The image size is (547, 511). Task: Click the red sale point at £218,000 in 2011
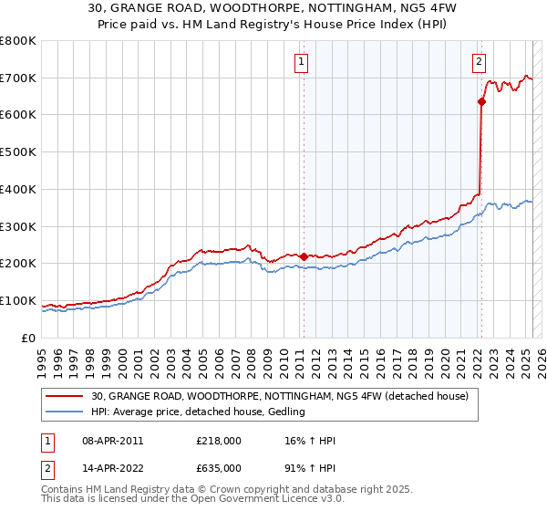304,256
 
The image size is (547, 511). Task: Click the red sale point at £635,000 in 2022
481,101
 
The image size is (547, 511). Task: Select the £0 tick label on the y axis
29,338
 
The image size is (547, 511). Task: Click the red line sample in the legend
66,396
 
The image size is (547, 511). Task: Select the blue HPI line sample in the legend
66,412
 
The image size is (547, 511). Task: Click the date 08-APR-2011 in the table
112,441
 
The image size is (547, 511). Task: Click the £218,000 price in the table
219,441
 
